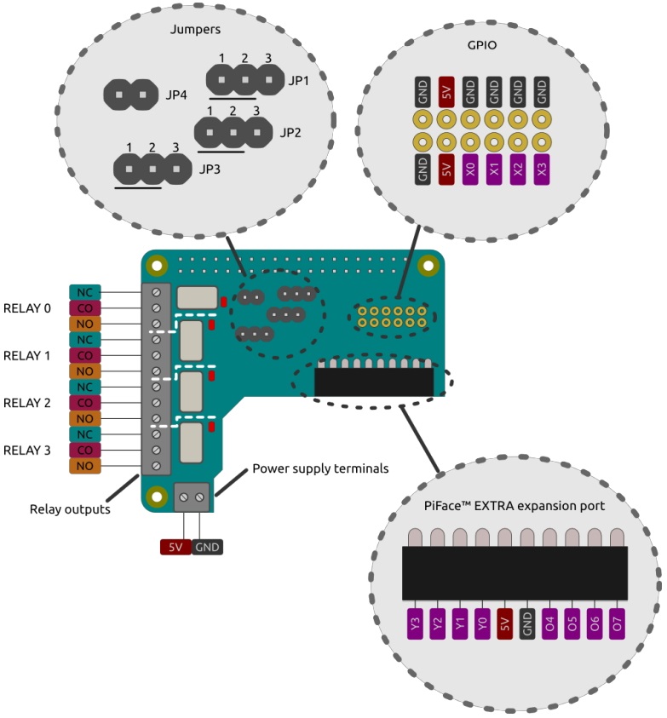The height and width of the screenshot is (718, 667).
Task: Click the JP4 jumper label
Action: [176, 93]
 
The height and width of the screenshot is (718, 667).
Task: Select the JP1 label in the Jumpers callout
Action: [299, 81]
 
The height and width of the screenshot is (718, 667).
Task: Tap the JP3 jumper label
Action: [211, 169]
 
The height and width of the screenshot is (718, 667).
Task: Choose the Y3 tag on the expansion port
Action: [416, 624]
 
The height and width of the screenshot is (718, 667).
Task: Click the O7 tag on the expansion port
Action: [617, 624]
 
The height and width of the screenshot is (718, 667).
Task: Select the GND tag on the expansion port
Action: [527, 624]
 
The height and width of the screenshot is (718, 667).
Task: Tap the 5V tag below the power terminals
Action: [175, 547]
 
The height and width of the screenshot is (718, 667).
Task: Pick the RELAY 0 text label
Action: [27, 307]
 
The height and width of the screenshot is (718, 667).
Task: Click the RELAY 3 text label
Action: [27, 450]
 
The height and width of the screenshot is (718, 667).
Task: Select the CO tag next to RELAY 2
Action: [85, 403]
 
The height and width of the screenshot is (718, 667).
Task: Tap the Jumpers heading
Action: [195, 29]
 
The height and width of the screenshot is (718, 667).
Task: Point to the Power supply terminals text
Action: [320, 468]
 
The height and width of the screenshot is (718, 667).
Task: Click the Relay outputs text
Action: [70, 509]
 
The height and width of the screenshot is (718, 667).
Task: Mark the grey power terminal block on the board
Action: [192, 496]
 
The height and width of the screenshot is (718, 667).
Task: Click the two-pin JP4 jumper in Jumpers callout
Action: [131, 93]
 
